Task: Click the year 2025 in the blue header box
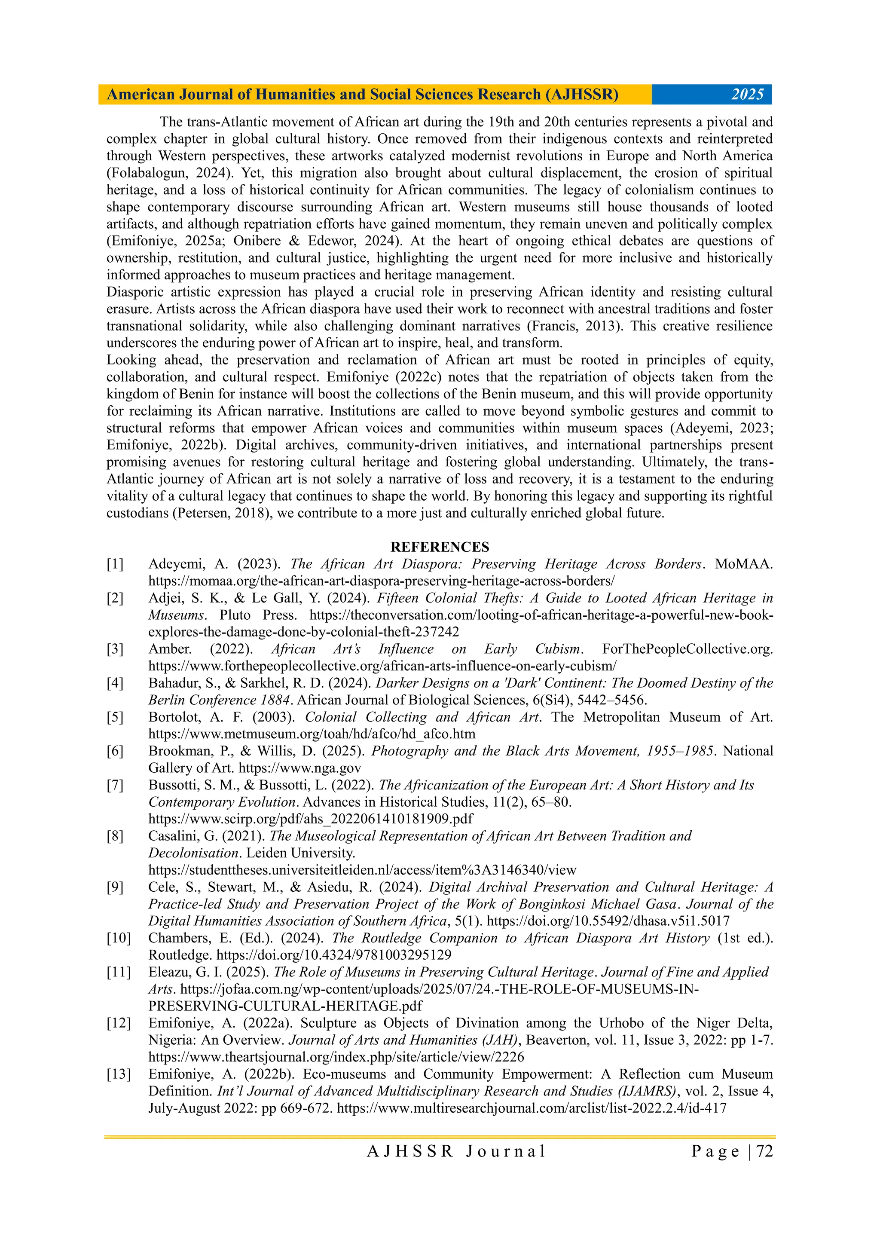pyautogui.click(x=747, y=95)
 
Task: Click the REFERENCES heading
pyautogui.click(x=440, y=547)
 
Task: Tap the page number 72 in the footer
pyautogui.click(x=764, y=1151)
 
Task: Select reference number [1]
pyautogui.click(x=115, y=564)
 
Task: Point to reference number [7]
pyautogui.click(x=115, y=785)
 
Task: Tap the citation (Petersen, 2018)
pyautogui.click(x=222, y=513)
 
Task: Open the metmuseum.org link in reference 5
pyautogui.click(x=312, y=734)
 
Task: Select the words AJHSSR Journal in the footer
pyautogui.click(x=456, y=1151)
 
